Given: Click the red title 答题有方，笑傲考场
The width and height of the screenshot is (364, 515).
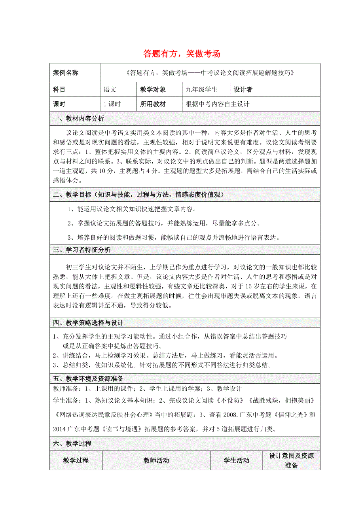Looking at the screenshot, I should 182,54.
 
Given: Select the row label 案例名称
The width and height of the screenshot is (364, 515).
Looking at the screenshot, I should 66,73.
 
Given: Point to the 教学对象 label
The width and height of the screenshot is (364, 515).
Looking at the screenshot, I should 153,90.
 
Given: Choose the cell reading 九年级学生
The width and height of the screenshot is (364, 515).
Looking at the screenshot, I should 202,90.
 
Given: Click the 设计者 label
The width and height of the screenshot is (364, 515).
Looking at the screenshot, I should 243,90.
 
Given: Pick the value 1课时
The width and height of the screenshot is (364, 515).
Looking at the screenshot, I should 112,104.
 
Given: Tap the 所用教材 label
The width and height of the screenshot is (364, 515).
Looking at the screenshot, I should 153,104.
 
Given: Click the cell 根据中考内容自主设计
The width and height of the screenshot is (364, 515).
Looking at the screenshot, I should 218,104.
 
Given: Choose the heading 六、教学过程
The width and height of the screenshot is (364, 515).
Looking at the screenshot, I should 72,444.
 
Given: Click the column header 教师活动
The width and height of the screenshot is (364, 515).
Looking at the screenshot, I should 156,460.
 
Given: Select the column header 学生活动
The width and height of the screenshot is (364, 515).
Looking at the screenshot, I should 236,460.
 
